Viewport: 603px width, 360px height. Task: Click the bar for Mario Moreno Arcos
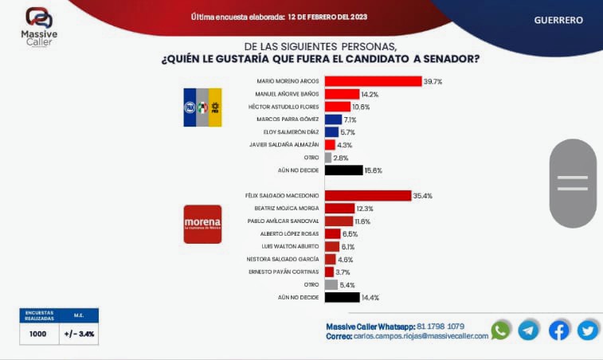click(373, 81)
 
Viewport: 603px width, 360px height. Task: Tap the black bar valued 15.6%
click(343, 170)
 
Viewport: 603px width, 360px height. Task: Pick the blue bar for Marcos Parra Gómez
click(333, 119)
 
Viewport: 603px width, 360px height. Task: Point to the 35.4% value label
click(422, 196)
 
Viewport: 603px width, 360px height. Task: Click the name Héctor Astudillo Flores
click(286, 107)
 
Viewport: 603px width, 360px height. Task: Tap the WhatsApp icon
click(501, 330)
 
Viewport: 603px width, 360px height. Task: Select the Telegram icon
click(529, 330)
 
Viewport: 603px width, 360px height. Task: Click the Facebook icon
click(559, 330)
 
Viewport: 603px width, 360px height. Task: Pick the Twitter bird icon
click(588, 330)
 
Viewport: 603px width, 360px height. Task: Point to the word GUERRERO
click(558, 20)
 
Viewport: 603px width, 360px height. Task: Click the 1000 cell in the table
click(37, 334)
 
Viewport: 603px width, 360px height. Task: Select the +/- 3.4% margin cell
click(80, 334)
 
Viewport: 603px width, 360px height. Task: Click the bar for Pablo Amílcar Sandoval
click(339, 221)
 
